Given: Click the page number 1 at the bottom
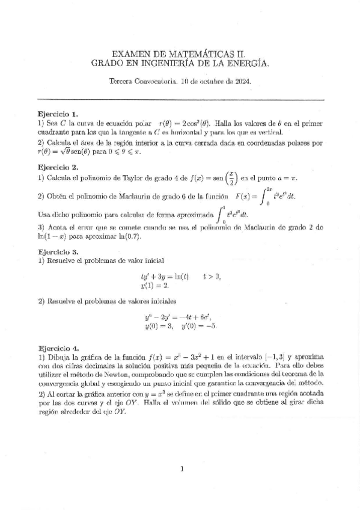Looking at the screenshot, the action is [181, 469].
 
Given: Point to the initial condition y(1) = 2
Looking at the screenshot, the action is [153, 286].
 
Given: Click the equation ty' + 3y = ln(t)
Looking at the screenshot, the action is [164, 277].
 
